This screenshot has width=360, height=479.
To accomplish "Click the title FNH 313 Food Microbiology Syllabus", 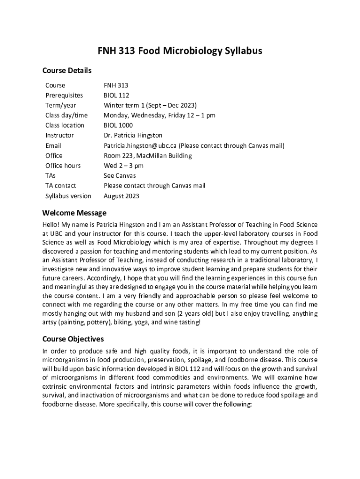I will [x=180, y=51].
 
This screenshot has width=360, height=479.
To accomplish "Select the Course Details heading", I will [x=67, y=71].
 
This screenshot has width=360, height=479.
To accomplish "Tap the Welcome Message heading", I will [x=74, y=213].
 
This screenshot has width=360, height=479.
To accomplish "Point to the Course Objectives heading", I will [x=73, y=339].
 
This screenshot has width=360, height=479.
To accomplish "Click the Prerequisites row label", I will [x=64, y=95].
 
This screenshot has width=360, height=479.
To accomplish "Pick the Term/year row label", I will [x=61, y=105].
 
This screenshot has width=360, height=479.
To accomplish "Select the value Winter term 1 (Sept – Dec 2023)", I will [x=150, y=105].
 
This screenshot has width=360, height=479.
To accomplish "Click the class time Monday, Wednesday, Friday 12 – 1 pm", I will [x=159, y=116].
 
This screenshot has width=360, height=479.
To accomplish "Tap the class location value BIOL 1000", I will [x=118, y=125].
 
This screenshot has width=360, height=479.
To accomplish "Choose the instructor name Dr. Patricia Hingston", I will [x=133, y=136].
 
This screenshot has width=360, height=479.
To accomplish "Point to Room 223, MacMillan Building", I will [x=148, y=156].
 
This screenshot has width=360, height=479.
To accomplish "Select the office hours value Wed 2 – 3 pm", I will [x=123, y=166].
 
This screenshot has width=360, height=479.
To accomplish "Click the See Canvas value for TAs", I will [x=120, y=176].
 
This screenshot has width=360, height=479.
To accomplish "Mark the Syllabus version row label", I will [x=68, y=196].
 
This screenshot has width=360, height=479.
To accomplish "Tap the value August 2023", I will [x=121, y=196].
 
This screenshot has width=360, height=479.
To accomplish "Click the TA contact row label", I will [x=61, y=186].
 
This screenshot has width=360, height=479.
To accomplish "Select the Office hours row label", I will [x=63, y=166].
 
